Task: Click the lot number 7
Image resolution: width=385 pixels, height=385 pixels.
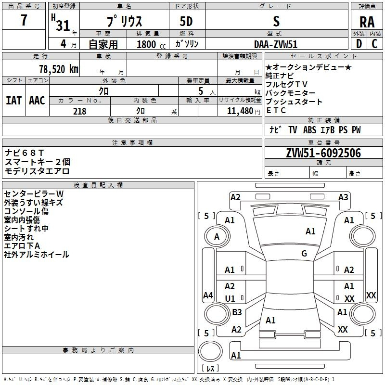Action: pos(24,21)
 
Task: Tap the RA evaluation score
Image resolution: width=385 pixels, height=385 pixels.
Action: pos(367,22)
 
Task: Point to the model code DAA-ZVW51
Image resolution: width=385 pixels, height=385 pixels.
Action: pos(276,43)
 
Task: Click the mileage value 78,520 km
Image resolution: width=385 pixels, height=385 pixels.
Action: pos(58,69)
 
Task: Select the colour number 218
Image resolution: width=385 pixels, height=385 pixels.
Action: pos(79,111)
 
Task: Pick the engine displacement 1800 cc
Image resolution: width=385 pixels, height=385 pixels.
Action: pos(147,44)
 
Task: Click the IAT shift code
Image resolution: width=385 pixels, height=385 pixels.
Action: pos(13,101)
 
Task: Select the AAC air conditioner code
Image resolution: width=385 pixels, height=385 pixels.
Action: pos(37,101)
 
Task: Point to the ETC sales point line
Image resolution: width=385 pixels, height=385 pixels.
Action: pos(276,111)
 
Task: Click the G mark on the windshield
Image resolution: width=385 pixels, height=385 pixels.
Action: pos(304,254)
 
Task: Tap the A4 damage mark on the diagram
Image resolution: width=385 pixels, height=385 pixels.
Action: pos(208,295)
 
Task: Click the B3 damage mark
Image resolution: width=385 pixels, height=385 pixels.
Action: pos(237,312)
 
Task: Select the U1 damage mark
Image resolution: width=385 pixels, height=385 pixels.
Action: pos(230,298)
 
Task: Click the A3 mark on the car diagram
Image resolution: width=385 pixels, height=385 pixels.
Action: pos(343,197)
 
